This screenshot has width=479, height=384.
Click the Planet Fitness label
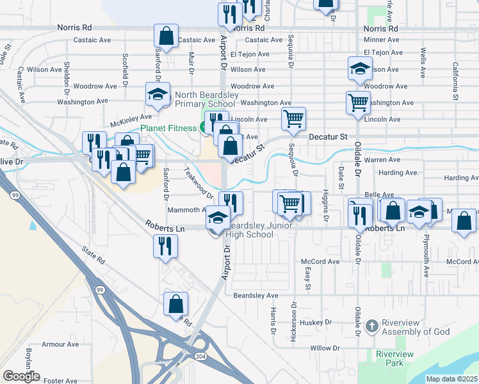(168, 128)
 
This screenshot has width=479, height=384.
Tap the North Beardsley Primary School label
(204, 100)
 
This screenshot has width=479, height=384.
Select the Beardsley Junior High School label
(259, 230)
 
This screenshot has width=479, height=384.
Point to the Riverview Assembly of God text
(416, 326)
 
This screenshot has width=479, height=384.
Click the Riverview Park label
(394, 358)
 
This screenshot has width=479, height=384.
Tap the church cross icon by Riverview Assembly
(371, 326)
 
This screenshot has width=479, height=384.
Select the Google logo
(21, 376)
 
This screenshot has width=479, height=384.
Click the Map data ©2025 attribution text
(451, 379)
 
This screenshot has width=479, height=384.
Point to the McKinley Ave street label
(131, 117)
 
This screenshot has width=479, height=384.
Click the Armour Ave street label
(60, 344)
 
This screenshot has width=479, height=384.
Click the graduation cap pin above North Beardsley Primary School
(158, 95)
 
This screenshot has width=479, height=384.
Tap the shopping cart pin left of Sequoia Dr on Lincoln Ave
(293, 118)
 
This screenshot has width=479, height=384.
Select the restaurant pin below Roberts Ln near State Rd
(166, 246)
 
